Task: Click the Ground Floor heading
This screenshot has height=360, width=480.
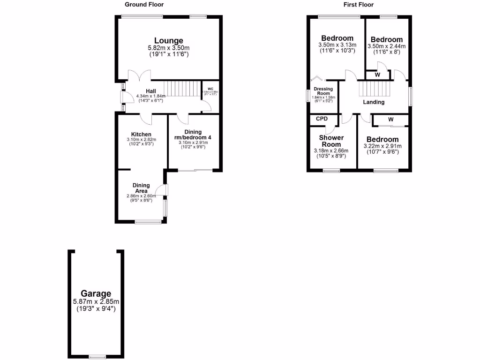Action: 144,5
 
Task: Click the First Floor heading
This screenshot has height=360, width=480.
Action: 358,5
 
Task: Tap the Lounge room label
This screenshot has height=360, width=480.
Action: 168,41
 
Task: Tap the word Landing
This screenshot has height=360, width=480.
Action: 374,102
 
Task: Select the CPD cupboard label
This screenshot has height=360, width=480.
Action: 322,119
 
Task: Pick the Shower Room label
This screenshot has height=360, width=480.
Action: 331,141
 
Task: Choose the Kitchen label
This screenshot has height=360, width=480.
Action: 141,135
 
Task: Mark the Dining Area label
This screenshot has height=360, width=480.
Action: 141,188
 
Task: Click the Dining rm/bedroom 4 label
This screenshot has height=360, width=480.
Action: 194,135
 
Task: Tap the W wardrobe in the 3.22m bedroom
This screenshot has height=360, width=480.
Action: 390,120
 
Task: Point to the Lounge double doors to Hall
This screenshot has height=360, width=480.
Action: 139,75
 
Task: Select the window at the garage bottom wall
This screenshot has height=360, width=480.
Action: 97,357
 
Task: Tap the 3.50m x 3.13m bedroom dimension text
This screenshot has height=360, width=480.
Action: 337,45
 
